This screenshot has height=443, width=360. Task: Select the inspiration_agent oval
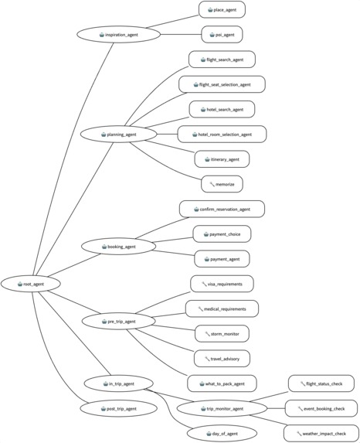pyautogui.click(x=119, y=35)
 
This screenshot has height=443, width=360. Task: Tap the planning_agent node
pyautogui.click(x=119, y=135)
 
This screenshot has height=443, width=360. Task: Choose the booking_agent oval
pyautogui.click(x=119, y=247)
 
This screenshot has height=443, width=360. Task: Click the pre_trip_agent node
pyautogui.click(x=119, y=319)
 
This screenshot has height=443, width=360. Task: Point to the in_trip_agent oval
pyautogui.click(x=119, y=383)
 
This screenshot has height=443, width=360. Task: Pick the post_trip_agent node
pyautogui.click(x=119, y=407)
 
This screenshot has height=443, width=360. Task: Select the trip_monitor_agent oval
pyautogui.click(x=221, y=407)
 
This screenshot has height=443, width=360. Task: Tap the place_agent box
pyautogui.click(x=222, y=10)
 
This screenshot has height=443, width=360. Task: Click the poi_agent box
pyautogui.click(x=222, y=35)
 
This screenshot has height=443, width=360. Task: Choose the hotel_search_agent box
pyautogui.click(x=222, y=109)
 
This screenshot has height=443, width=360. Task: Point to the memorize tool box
pyautogui.click(x=222, y=184)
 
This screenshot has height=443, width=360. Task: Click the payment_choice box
pyautogui.click(x=222, y=233)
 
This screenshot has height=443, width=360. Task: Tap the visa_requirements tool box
pyautogui.click(x=222, y=284)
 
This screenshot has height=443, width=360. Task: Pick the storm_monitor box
pyautogui.click(x=222, y=333)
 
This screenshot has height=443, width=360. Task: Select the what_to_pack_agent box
pyautogui.click(x=222, y=383)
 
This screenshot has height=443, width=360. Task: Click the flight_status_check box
pyautogui.click(x=321, y=383)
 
